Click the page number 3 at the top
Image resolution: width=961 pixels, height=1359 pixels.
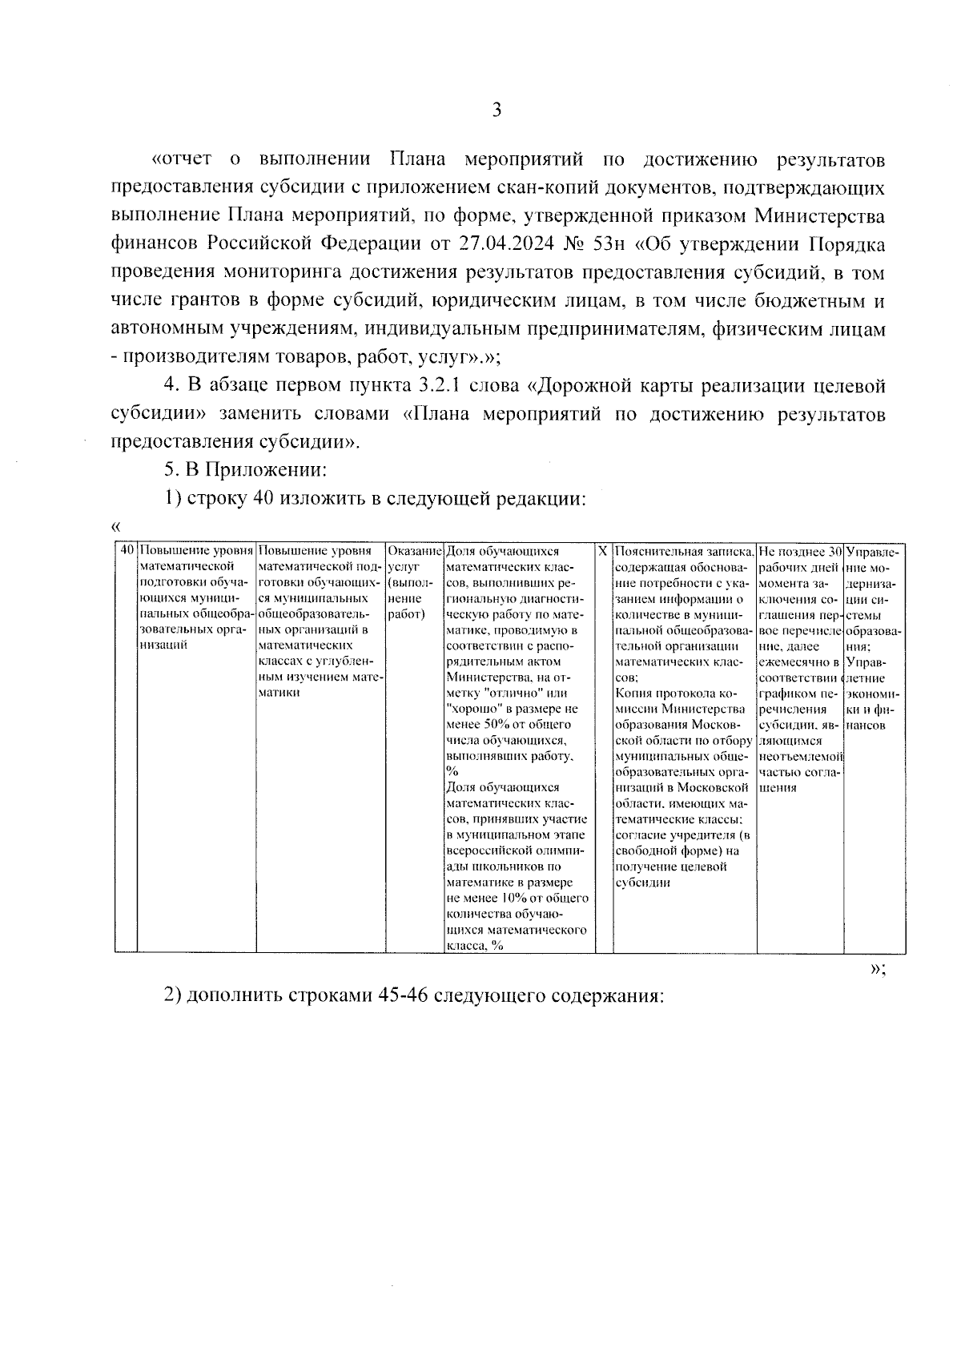coord(497,111)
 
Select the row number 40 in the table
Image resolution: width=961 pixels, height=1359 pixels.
coord(126,552)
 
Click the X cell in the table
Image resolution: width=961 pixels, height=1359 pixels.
coord(603,552)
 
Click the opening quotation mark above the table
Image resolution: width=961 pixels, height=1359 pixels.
coord(116,527)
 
